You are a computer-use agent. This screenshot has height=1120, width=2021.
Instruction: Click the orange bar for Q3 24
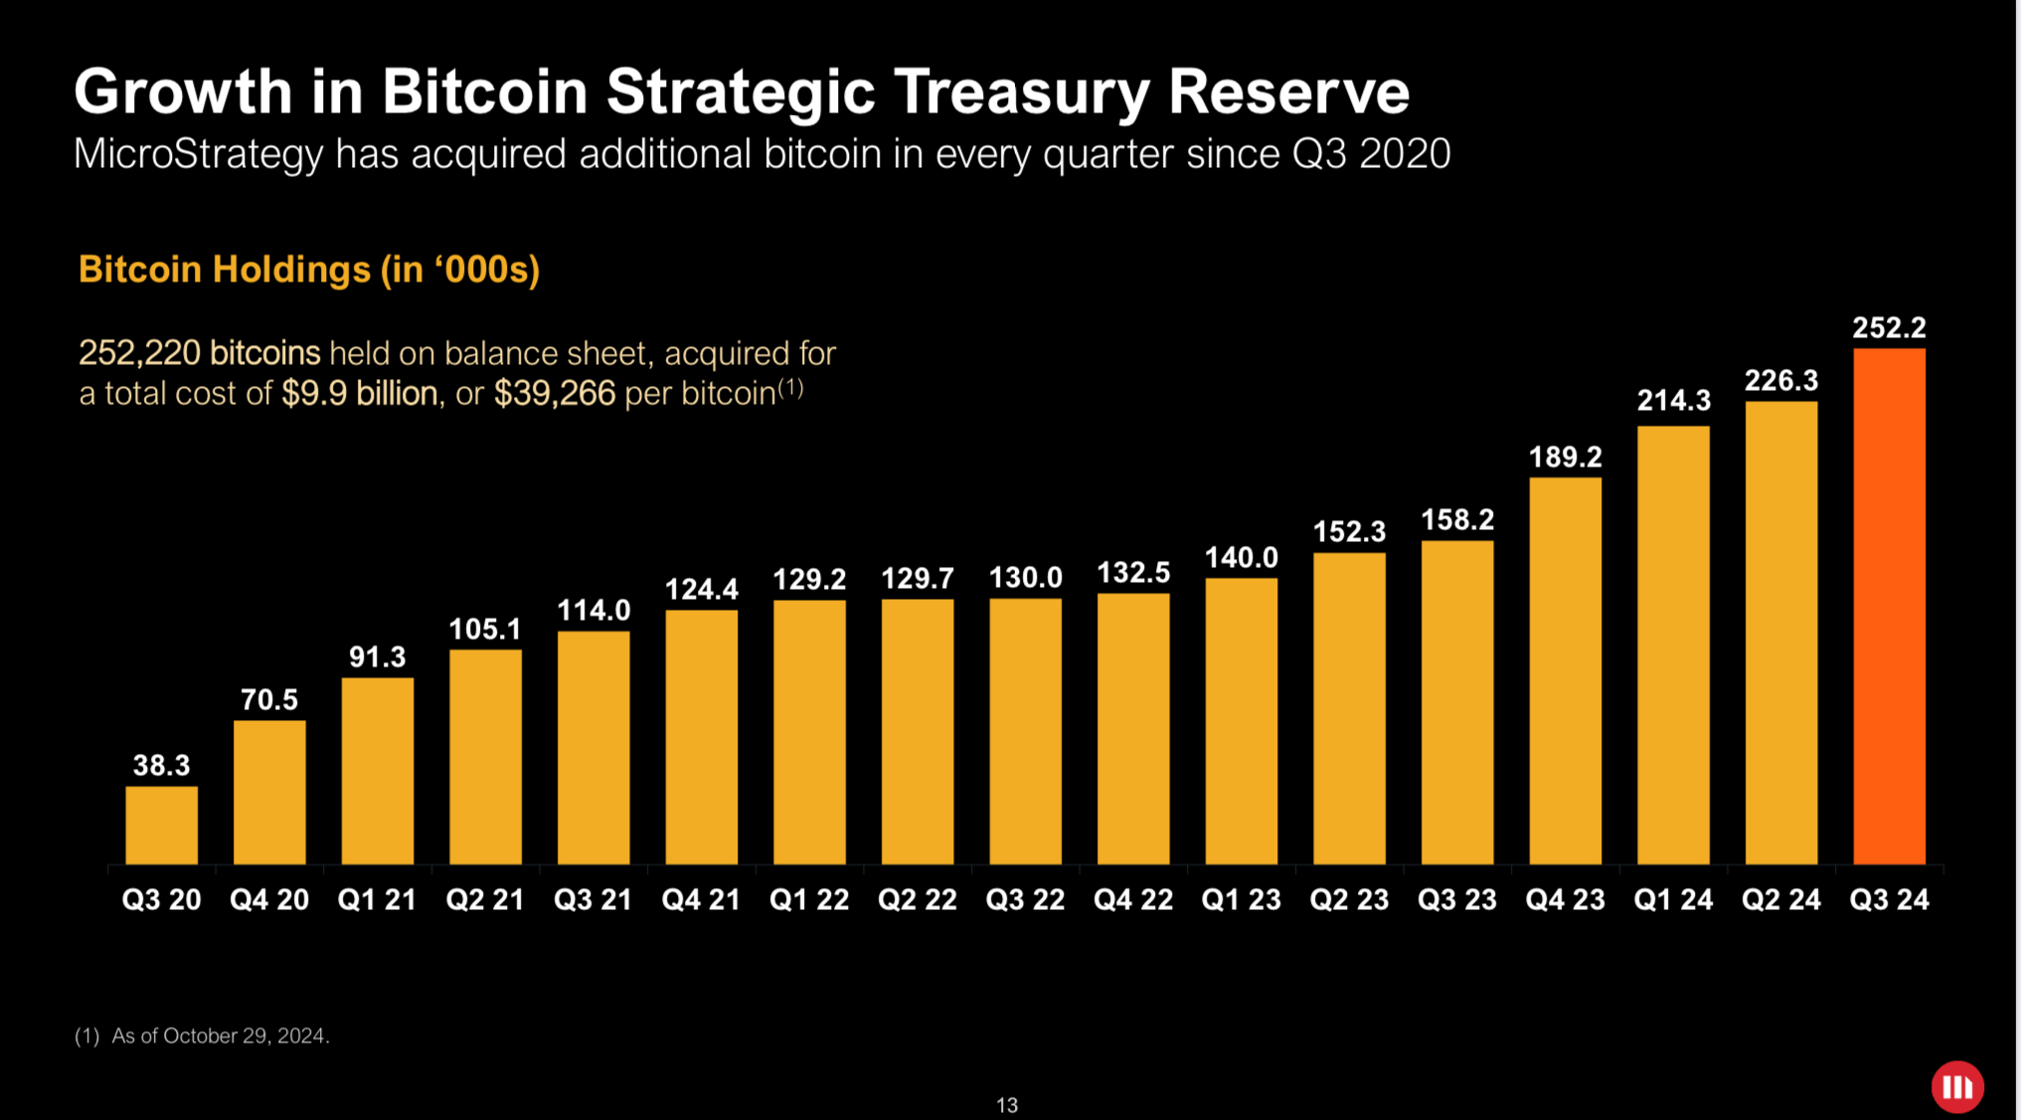tap(1889, 607)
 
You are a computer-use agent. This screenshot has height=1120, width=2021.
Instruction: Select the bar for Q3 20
tap(161, 826)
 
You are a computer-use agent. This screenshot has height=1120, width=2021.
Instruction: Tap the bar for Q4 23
tap(1565, 671)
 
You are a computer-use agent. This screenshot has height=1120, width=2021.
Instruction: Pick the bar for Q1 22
tap(809, 732)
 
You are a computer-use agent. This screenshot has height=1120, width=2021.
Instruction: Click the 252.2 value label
tap(1889, 328)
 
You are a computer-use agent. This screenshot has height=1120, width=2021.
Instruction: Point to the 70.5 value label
tap(269, 700)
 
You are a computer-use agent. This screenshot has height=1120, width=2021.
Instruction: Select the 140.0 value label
tap(1241, 558)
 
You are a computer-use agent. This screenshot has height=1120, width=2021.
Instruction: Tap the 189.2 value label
tap(1565, 458)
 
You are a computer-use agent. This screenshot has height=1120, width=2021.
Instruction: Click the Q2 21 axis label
tap(485, 900)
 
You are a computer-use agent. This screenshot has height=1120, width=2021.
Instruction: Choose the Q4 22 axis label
tap(1133, 900)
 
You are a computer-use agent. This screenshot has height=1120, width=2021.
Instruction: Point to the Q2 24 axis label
tap(1780, 900)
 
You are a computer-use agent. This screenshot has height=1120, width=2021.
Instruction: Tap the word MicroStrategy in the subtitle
tap(198, 154)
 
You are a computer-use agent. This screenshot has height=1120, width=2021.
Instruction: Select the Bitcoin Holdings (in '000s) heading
tap(309, 270)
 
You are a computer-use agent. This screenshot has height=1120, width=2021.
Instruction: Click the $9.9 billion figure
tap(360, 394)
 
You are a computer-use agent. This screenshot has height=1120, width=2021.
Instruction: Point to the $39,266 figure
tap(555, 394)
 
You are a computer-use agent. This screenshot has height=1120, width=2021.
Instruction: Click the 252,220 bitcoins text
tap(199, 353)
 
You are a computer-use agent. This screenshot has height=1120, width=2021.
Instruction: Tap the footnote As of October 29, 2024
tap(220, 1036)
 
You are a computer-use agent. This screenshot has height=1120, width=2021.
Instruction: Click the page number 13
tap(1006, 1105)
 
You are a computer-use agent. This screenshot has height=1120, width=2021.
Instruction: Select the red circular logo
tap(1956, 1086)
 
